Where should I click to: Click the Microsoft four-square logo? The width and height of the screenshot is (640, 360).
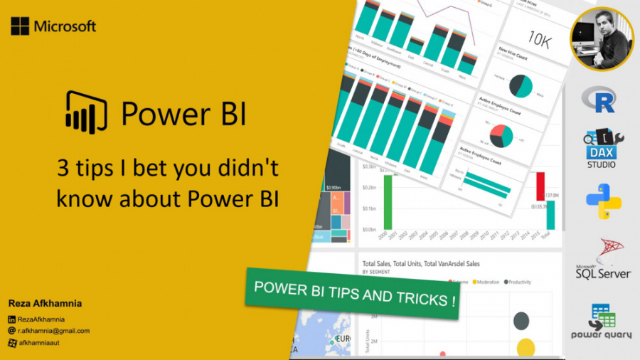click(20, 26)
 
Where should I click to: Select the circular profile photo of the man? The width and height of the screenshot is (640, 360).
click(602, 38)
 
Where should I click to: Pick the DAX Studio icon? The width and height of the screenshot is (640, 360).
click(600, 149)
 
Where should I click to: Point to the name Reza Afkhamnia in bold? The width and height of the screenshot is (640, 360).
click(44, 303)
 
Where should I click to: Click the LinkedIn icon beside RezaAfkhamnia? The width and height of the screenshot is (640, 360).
click(11, 319)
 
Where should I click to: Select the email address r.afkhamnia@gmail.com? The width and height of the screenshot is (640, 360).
click(54, 331)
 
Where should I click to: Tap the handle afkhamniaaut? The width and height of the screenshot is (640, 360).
click(42, 342)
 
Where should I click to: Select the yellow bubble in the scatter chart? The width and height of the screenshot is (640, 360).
click(526, 348)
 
